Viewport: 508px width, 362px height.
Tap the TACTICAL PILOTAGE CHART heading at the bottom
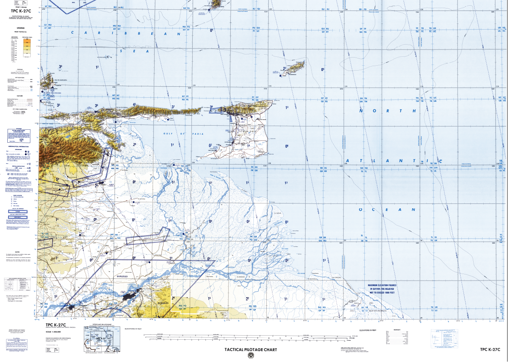[x=251, y=349]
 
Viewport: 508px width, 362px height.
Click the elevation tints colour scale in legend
[x=28, y=46]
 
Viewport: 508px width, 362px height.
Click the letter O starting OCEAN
[x=360, y=210]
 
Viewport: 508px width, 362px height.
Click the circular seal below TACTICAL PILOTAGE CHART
[x=251, y=356]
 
